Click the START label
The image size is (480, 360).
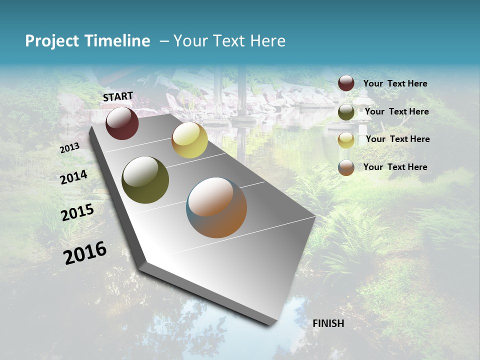pyautogui.click(x=118, y=96)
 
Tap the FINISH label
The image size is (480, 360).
pyautogui.click(x=328, y=323)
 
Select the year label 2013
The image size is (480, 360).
pyautogui.click(x=69, y=148)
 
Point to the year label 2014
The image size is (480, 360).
pyautogui.click(x=74, y=177)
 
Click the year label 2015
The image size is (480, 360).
pyautogui.click(x=77, y=212)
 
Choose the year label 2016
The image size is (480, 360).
pyautogui.click(x=85, y=253)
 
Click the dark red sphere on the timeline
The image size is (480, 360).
pyautogui.click(x=122, y=123)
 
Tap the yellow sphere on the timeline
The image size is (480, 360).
pyautogui.click(x=189, y=140)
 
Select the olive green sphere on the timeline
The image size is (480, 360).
pyautogui.click(x=145, y=180)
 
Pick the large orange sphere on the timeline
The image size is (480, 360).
pyautogui.click(x=216, y=207)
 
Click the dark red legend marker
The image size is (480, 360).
pyautogui.click(x=346, y=83)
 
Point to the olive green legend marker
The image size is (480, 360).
pyautogui.click(x=346, y=112)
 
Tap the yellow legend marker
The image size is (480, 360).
pyautogui.click(x=346, y=140)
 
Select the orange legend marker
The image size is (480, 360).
pyautogui.click(x=346, y=167)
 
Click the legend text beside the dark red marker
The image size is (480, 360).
pyautogui.click(x=395, y=83)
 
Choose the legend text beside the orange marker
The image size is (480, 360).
pyautogui.click(x=395, y=167)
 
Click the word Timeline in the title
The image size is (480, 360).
pyautogui.click(x=117, y=41)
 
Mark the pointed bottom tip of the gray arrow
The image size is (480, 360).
pyautogui.click(x=270, y=325)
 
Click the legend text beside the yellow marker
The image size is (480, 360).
pyautogui.click(x=397, y=139)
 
